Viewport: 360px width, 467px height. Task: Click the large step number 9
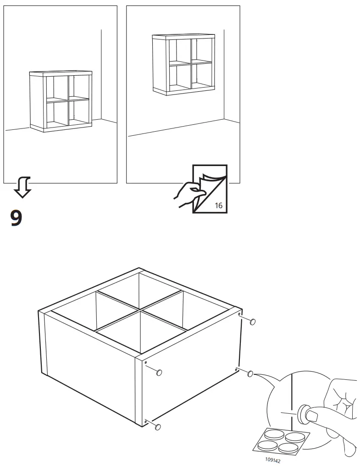tap(16, 218)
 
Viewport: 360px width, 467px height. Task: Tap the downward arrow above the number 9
tap(22, 187)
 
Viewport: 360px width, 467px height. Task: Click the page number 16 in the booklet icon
tap(218, 205)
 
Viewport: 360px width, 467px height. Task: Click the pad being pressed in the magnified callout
tap(303, 413)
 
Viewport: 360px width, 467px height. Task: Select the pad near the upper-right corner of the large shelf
tap(253, 322)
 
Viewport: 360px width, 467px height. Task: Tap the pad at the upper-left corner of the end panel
tap(159, 372)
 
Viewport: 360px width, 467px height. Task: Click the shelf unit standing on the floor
tap(60, 101)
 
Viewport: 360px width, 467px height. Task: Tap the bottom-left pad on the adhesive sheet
tap(268, 445)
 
